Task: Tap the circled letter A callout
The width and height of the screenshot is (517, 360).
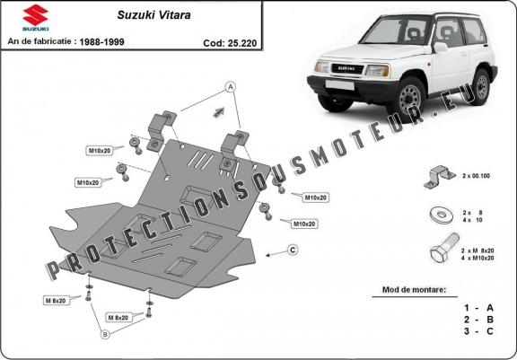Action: pos(230,85)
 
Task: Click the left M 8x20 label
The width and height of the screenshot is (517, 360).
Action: pos(55,300)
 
